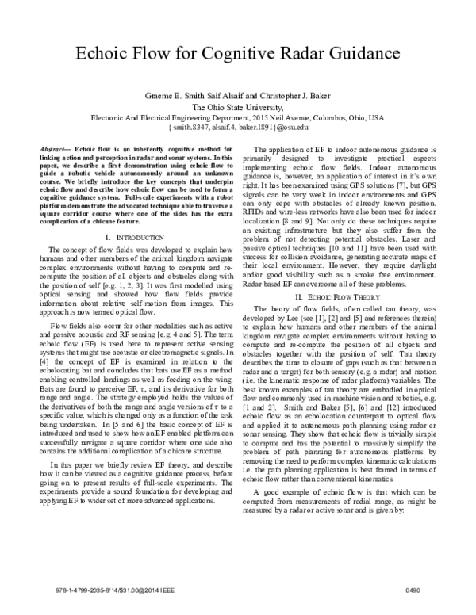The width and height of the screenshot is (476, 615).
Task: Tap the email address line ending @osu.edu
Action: [238, 127]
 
